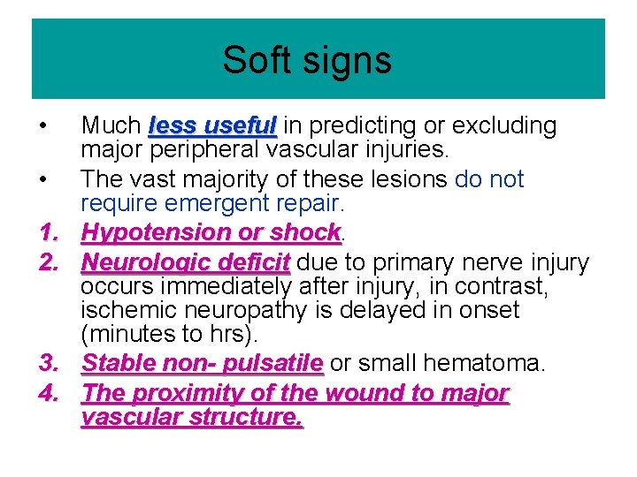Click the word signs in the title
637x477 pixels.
pos(344,61)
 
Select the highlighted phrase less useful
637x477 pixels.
pos(213,126)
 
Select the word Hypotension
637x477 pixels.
pos(157,232)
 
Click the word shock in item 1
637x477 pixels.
pos(303,232)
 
